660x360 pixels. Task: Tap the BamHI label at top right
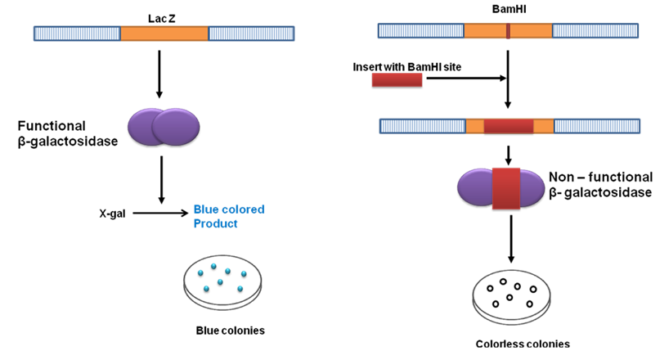[508, 11]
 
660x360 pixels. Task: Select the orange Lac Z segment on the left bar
[164, 34]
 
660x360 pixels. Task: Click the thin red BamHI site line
[508, 31]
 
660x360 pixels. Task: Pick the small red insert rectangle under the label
[397, 79]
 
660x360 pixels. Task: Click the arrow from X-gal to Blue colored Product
[160, 214]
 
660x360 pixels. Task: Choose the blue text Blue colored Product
[228, 216]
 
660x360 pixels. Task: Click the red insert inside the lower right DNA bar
[508, 126]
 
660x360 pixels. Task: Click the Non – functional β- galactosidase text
[602, 184]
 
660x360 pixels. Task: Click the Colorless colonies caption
[512, 344]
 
